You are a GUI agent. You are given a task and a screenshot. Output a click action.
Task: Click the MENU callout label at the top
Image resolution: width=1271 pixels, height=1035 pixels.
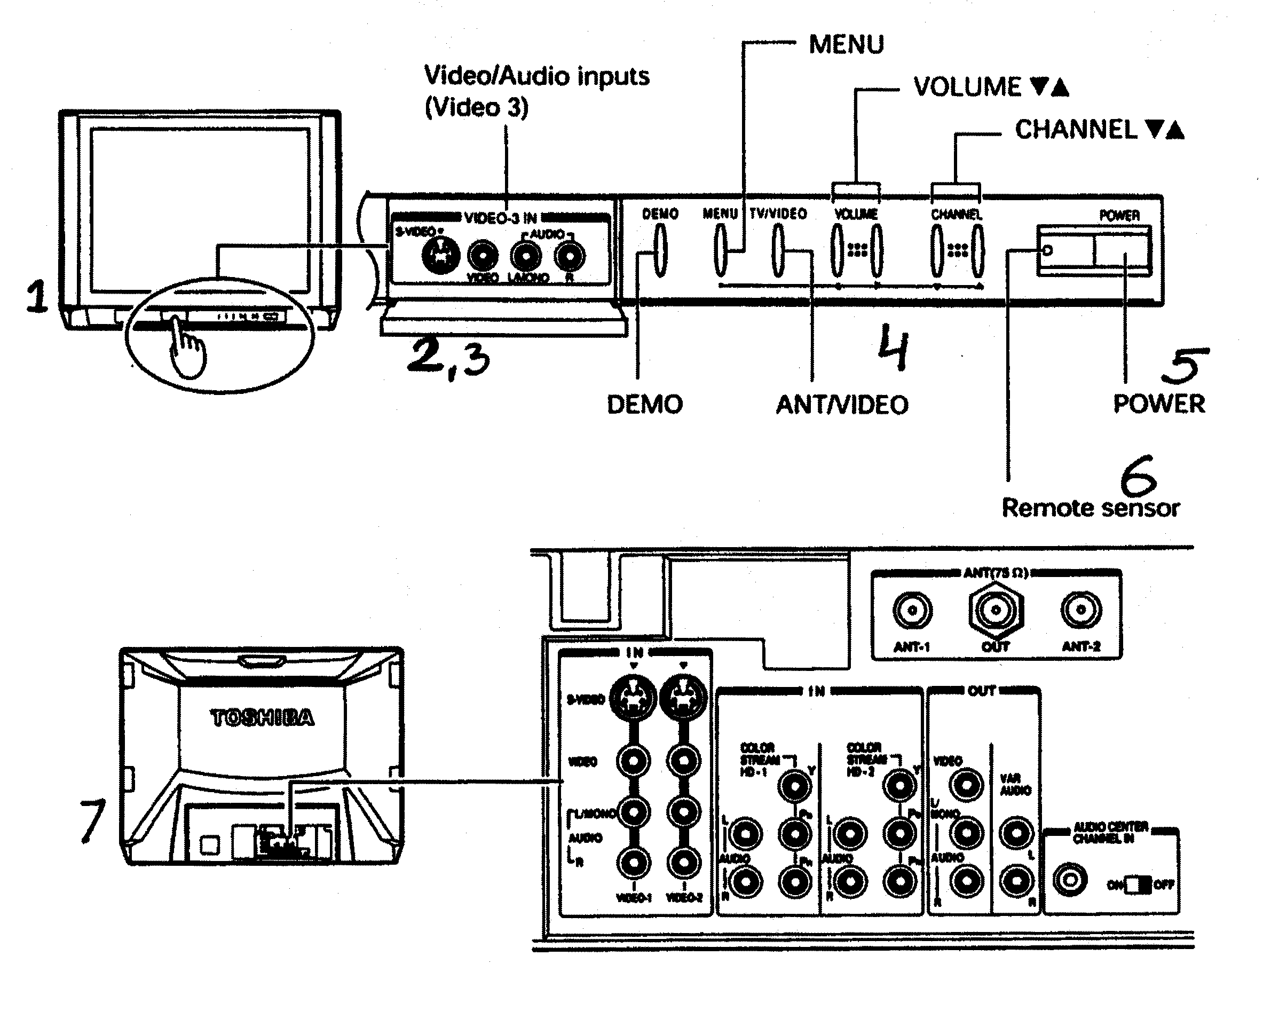(x=846, y=45)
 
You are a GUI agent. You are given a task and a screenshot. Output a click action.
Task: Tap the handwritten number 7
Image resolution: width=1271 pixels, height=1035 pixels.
(x=92, y=821)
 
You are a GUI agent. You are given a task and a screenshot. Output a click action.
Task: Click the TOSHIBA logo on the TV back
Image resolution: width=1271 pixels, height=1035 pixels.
(x=262, y=718)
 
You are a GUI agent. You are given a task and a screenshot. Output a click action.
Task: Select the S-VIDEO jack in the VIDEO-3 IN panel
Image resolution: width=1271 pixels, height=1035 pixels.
(x=440, y=256)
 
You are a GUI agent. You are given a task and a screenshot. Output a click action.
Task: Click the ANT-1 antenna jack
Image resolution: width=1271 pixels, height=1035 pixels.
(x=912, y=611)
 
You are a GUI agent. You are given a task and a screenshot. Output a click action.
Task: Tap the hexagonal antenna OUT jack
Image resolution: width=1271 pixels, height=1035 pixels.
(x=996, y=611)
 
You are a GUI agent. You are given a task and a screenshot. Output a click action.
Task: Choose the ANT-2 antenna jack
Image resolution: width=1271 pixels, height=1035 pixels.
(x=1081, y=610)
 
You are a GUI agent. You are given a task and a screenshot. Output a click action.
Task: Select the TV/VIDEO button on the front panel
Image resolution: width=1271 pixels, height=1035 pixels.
(x=778, y=250)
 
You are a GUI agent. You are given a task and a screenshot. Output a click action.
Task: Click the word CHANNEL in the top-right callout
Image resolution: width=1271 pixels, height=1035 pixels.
(x=1076, y=130)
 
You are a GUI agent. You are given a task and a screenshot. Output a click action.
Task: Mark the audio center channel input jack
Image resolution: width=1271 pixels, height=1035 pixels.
(x=1070, y=879)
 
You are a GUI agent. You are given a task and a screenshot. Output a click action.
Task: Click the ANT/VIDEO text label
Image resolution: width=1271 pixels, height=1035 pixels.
(x=841, y=405)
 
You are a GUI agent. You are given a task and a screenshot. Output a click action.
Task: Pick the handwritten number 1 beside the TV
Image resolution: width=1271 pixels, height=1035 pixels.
(x=37, y=296)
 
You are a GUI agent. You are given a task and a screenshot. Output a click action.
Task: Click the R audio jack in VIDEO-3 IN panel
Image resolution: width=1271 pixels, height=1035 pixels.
(x=570, y=256)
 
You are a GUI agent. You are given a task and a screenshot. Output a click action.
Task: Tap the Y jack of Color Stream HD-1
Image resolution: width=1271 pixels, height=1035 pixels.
(x=794, y=786)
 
